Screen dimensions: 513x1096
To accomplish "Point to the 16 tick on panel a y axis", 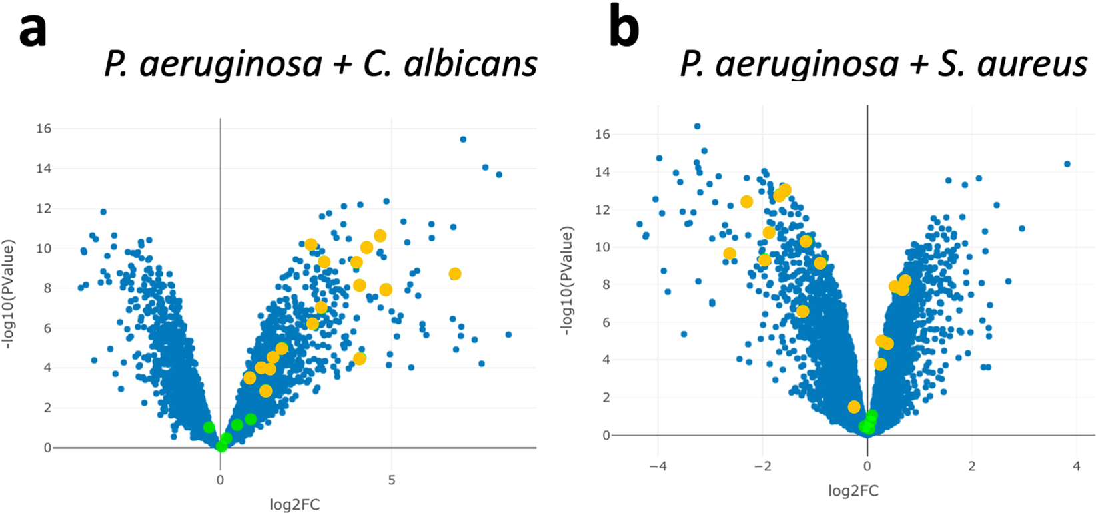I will (43, 129).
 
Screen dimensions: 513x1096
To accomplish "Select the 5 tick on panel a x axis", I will (392, 480).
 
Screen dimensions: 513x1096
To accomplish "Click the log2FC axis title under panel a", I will (294, 504).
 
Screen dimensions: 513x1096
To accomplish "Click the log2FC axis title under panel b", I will (853, 492).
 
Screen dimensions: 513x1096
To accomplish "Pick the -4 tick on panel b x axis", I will (658, 467).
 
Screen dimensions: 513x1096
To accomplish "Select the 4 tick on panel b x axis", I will (1077, 467).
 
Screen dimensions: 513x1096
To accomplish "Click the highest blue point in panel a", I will (463, 139).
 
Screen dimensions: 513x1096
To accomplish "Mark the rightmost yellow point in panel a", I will (455, 274).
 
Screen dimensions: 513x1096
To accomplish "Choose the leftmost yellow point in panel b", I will (730, 254).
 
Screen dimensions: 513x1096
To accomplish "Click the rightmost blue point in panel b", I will (1067, 164).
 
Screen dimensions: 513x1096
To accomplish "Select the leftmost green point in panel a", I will (209, 427).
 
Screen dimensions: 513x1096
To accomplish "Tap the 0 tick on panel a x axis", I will (221, 480).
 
